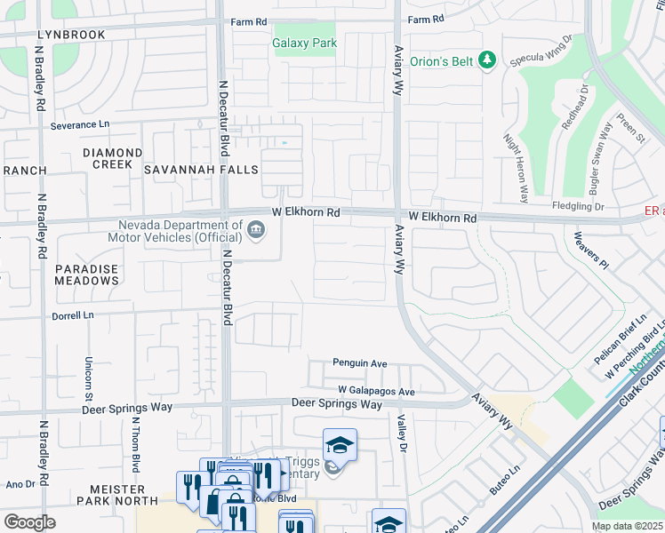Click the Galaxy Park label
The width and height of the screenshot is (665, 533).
tap(305, 43)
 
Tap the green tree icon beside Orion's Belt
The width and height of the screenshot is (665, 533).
tap(486, 60)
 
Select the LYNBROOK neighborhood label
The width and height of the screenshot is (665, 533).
tap(71, 35)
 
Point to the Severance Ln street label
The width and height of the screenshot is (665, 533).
tap(79, 126)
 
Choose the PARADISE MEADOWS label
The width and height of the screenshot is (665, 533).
tap(86, 274)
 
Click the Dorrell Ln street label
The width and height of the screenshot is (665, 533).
tap(73, 315)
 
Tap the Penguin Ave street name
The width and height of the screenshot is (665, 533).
tap(360, 362)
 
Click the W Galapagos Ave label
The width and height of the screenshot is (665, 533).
tap(376, 391)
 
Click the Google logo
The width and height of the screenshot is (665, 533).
tap(29, 521)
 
